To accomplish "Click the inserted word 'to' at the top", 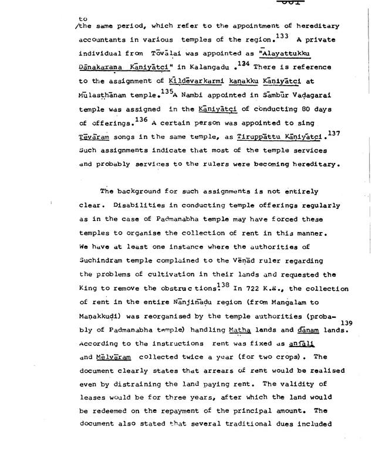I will (x=73, y=18).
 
